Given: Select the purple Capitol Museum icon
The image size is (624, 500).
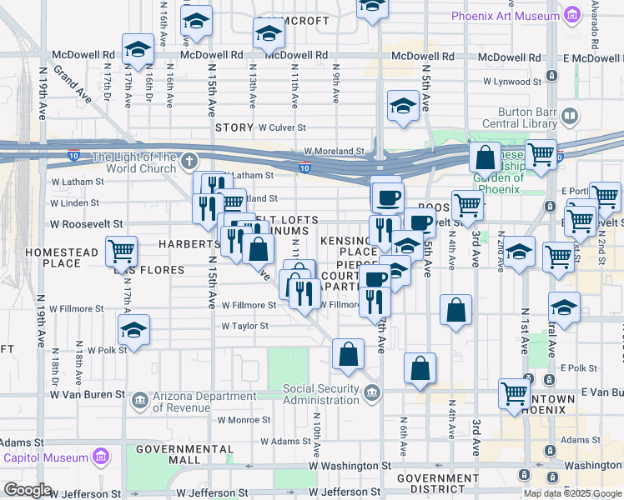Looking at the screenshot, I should tap(100, 457).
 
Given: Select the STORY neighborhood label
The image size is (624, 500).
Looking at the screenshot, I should tap(234, 127).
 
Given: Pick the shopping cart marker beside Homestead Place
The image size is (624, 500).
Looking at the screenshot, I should tap(122, 250).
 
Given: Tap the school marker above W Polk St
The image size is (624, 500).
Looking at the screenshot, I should tap(133, 331).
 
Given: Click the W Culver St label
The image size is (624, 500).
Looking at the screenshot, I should tap(282, 128).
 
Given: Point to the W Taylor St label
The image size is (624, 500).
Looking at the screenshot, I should tap(244, 326).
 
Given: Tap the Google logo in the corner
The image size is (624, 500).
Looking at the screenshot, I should tap(28, 490).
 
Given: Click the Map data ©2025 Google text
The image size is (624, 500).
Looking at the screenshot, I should tap(572, 493).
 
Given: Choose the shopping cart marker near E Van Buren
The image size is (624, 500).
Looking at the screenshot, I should tap(515, 392).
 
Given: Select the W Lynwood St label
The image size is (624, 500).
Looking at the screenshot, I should tap(515, 82).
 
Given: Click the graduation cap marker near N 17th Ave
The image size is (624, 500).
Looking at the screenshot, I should tap(138, 50).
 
